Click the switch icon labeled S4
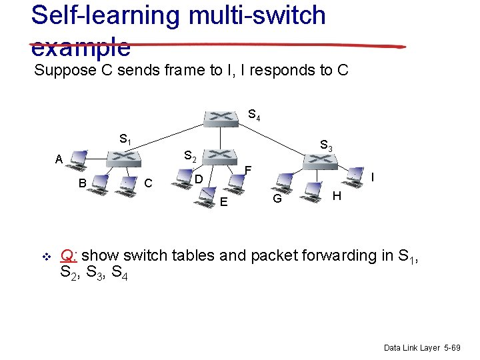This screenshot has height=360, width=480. pos(221,117)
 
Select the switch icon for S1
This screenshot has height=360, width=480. pos(124,158)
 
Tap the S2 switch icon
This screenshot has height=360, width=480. pos(221,156)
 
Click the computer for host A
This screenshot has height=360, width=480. pos(79,158)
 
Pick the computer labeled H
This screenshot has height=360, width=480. pos(311,189)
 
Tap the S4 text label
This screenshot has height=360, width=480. pos(254,115)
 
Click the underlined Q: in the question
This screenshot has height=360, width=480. pos(69,255)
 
